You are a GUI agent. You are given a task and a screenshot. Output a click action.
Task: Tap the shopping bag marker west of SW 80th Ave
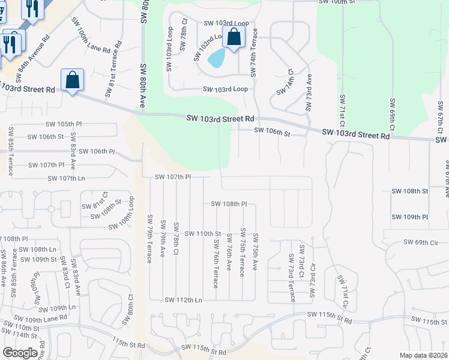pos(72,80)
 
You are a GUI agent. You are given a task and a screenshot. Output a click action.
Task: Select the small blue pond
pos(216,58)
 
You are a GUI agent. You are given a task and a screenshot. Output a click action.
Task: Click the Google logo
pos(20,352)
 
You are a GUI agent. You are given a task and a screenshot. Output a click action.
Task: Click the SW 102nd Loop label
pos(203,46)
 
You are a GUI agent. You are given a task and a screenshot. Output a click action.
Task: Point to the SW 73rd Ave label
pos(309,92)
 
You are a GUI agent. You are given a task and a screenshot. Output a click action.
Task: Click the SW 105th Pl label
pos(67,124)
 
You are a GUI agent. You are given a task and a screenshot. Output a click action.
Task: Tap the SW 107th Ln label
pos(65,178)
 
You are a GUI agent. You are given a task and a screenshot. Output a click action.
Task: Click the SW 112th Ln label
pos(182,299)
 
